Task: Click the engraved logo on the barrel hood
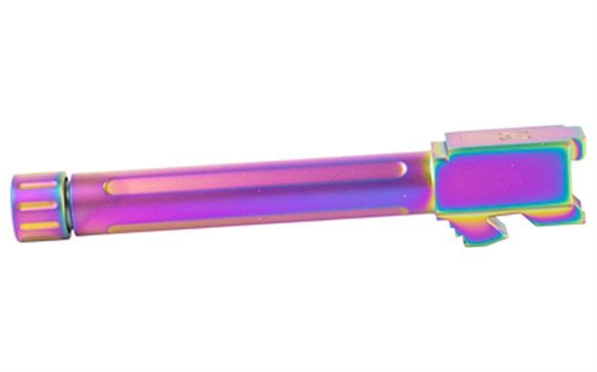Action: [x=507, y=136]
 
